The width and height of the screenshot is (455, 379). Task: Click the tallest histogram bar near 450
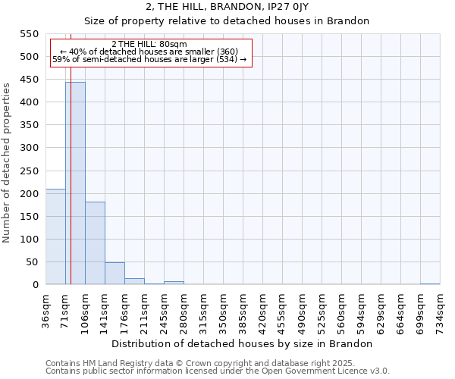[x=75, y=183]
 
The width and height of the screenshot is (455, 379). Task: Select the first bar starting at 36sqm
[x=55, y=236]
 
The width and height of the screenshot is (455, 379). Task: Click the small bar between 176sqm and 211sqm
[x=134, y=281]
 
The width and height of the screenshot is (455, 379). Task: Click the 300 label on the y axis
[x=28, y=148]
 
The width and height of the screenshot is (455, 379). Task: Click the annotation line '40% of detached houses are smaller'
[x=149, y=52]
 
